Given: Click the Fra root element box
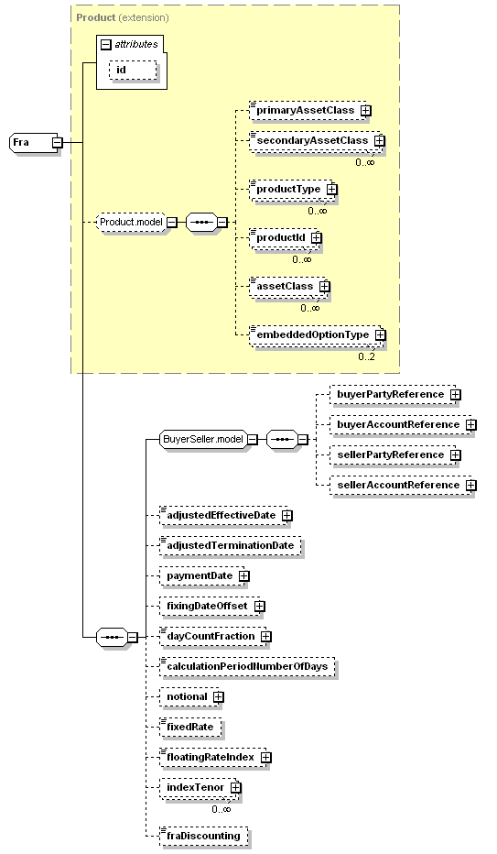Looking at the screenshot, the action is (x=34, y=143).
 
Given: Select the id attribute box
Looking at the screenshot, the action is (x=133, y=71).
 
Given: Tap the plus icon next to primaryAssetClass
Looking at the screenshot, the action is (x=366, y=111).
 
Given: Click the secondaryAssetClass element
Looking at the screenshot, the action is (x=316, y=140).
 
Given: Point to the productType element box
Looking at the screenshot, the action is (x=292, y=190).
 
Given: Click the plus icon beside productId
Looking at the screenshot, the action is (x=317, y=238).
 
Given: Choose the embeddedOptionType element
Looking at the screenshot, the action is (x=316, y=335).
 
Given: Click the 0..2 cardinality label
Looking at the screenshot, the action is (x=366, y=356).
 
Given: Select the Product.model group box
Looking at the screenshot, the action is (x=131, y=223).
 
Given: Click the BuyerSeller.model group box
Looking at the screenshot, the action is (x=203, y=439).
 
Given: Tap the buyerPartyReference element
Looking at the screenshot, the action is (x=393, y=394).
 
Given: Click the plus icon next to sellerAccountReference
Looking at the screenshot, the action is (x=470, y=486).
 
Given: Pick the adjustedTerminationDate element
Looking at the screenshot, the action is (x=231, y=546).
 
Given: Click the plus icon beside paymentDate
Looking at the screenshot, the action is (x=244, y=576).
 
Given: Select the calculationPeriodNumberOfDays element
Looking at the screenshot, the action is (x=247, y=667).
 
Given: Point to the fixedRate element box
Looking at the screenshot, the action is (x=191, y=728).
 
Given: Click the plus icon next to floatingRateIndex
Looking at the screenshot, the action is (x=265, y=758).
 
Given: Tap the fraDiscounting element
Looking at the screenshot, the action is (x=204, y=836).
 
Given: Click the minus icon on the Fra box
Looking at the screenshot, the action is (x=57, y=143).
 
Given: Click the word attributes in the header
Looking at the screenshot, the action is (x=136, y=44).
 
